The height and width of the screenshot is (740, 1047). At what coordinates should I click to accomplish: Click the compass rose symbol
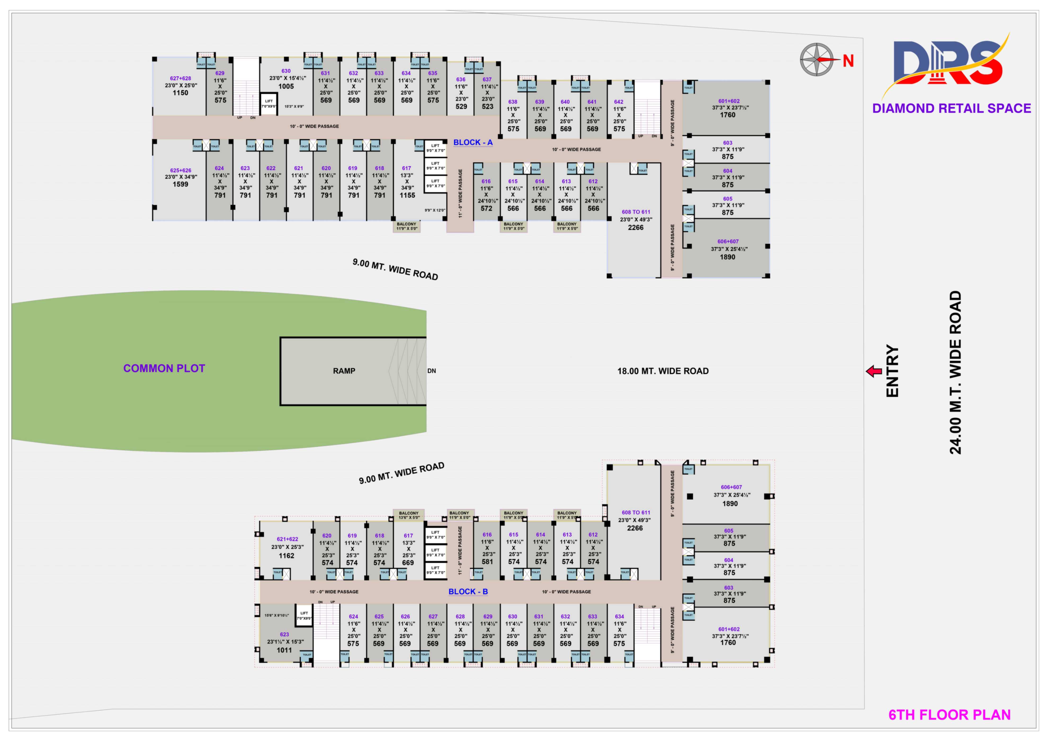[x=817, y=59]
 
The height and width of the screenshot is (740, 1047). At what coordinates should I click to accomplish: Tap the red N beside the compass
[x=848, y=61]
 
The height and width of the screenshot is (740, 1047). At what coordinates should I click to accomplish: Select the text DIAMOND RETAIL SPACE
[x=951, y=108]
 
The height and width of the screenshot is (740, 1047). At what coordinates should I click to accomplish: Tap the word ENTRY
[x=892, y=371]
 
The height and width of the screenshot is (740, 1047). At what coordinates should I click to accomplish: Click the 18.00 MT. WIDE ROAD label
[x=662, y=371]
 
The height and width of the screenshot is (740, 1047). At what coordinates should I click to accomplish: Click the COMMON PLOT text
[x=164, y=368]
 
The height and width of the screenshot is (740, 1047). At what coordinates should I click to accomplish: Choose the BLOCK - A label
[x=473, y=142]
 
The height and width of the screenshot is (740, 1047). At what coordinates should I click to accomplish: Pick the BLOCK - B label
[x=468, y=591]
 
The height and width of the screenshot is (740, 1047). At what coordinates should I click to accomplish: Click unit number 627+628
[x=181, y=78]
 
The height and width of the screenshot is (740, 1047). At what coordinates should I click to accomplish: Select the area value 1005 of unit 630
[x=286, y=86]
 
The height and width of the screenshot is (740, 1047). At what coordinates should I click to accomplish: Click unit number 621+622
[x=287, y=539]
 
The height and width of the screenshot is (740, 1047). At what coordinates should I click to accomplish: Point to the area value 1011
[x=284, y=650]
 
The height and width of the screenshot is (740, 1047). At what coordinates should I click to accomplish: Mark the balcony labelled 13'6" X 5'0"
[x=409, y=515]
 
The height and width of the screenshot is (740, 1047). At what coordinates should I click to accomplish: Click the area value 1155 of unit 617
[x=407, y=195]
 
